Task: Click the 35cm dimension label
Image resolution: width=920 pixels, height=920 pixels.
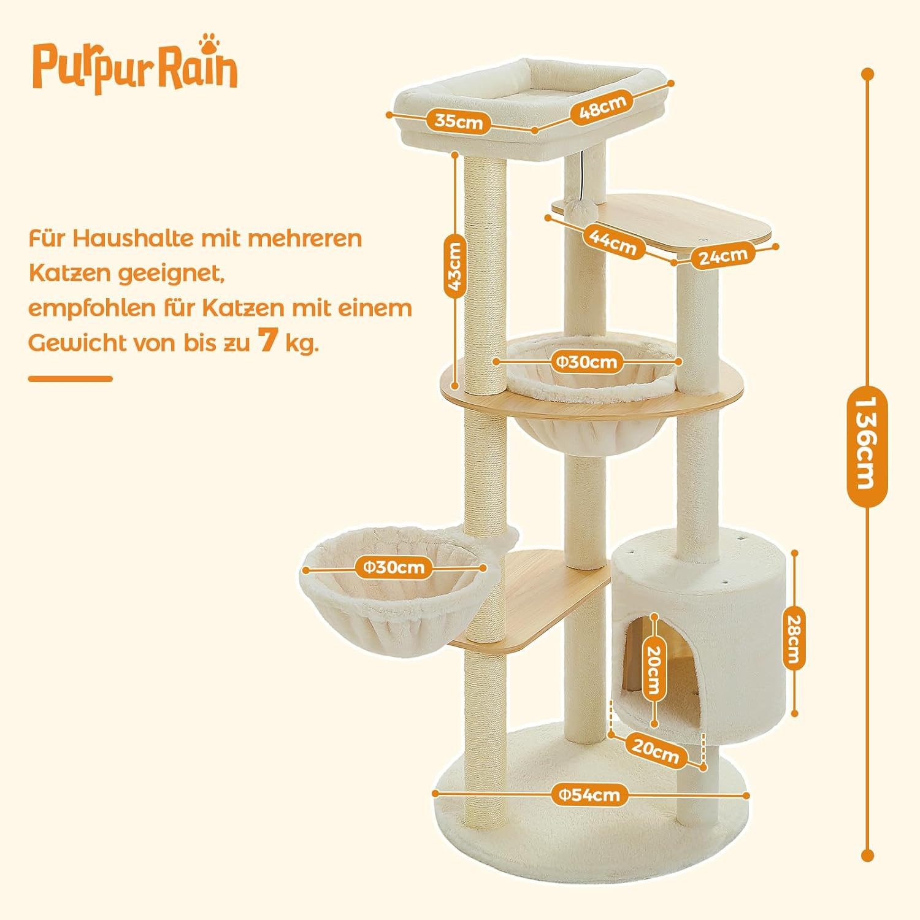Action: point(459,121)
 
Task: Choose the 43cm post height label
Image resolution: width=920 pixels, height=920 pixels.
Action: point(455,267)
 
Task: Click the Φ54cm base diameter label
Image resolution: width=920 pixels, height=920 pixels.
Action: point(589,795)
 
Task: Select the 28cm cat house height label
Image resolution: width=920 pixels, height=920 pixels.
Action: point(794,632)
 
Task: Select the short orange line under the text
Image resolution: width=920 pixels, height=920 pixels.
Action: point(71,378)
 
